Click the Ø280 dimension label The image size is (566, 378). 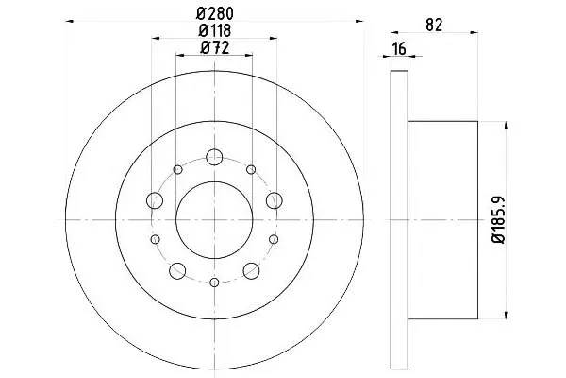click(x=215, y=14)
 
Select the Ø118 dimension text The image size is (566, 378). click(x=214, y=31)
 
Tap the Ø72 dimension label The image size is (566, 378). click(x=215, y=47)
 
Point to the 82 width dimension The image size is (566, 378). click(x=434, y=25)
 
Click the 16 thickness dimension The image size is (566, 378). click(x=399, y=48)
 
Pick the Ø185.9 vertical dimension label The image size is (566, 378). click(x=499, y=219)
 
